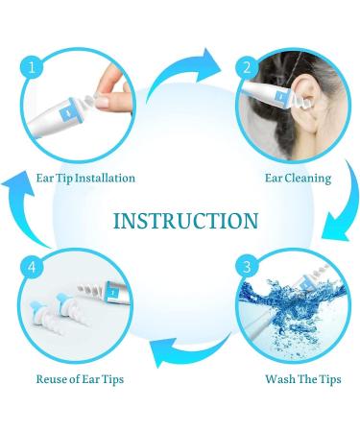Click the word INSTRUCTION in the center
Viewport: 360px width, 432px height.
pyautogui.click(x=184, y=221)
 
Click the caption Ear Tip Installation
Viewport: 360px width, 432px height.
pyautogui.click(x=86, y=178)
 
